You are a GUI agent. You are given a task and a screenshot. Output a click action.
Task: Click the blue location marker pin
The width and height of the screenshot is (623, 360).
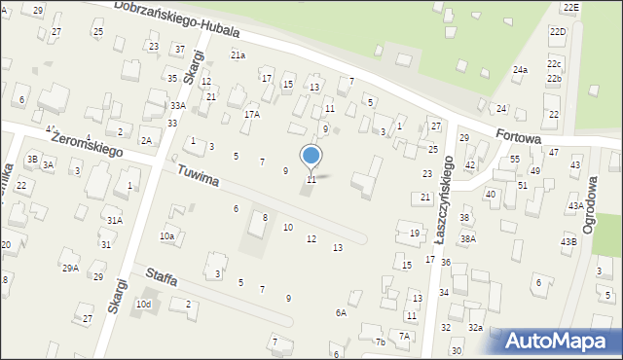point(311,157)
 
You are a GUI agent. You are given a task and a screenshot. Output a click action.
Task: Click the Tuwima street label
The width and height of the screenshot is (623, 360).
point(198,176)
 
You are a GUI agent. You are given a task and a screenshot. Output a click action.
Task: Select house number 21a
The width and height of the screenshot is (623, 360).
point(238,55)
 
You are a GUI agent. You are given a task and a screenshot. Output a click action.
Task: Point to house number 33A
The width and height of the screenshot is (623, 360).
point(176,105)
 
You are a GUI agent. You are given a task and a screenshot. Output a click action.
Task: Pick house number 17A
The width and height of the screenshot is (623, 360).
point(251,114)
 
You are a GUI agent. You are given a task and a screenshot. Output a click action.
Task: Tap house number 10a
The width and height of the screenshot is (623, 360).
point(166,235)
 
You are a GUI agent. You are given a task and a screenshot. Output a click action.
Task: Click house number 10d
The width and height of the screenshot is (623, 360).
point(143,305)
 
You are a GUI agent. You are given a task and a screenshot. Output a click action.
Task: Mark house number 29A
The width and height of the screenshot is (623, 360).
point(70,268)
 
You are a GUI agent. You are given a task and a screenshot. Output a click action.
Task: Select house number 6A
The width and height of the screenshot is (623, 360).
point(341,312)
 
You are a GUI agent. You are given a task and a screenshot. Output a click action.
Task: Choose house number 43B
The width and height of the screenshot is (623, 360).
point(568,240)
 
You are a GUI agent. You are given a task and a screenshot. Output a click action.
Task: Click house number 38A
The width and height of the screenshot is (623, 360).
point(468,238)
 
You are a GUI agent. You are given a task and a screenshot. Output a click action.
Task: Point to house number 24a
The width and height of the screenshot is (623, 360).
point(521,70)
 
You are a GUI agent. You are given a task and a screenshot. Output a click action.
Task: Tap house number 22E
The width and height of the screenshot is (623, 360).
point(570,7)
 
